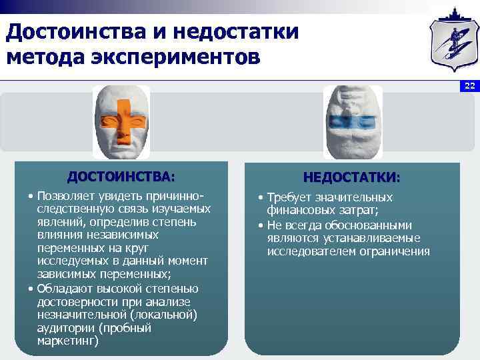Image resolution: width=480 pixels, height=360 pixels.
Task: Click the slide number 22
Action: tap(469, 86)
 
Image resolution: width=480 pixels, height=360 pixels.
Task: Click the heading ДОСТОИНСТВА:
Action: tap(121, 177)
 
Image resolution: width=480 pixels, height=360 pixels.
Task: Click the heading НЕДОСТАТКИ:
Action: tap(352, 178)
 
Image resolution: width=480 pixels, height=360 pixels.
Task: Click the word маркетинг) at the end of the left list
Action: tap(67, 341)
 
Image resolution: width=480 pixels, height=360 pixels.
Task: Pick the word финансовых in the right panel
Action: tap(295, 211)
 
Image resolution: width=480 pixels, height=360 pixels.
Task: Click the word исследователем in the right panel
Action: tap(308, 251)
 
